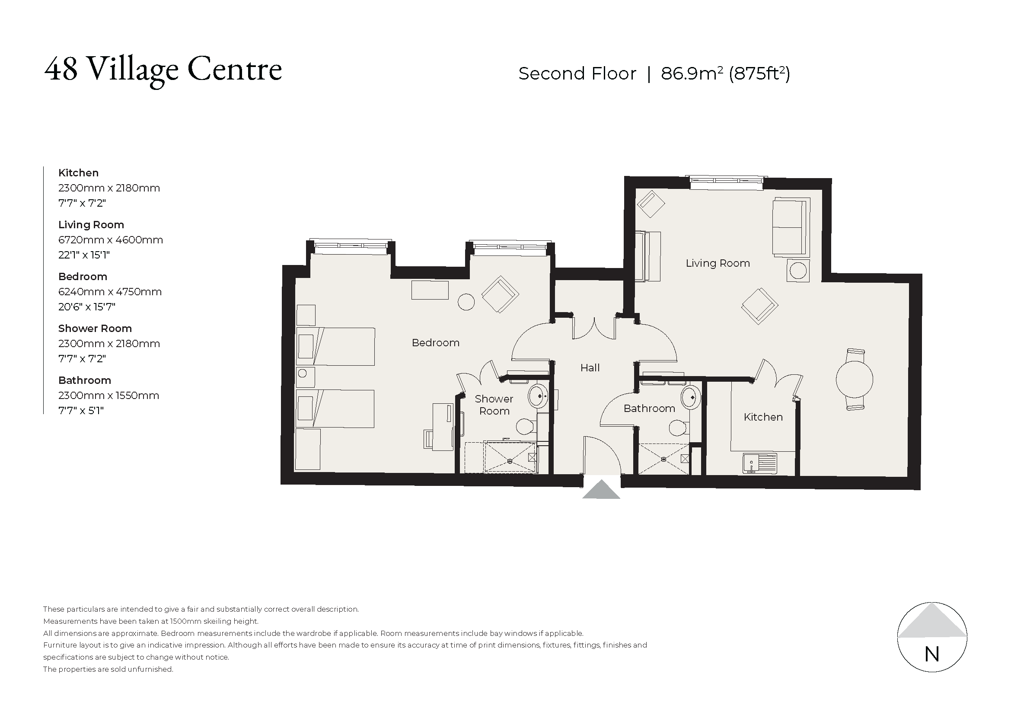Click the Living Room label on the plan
click(718, 263)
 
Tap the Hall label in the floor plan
click(590, 367)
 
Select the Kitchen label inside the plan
click(762, 417)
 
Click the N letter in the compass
click(932, 654)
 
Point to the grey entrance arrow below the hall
click(601, 490)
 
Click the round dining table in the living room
click(854, 379)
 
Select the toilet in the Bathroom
click(679, 427)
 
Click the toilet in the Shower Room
click(525, 426)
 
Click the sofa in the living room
click(791, 227)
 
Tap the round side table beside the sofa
click(798, 271)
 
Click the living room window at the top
click(726, 182)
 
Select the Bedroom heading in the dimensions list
click(83, 277)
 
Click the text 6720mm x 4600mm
click(111, 240)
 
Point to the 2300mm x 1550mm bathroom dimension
click(108, 396)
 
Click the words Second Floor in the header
click(577, 73)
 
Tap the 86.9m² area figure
click(692, 73)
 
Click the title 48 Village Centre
click(163, 69)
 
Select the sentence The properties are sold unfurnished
click(108, 669)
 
